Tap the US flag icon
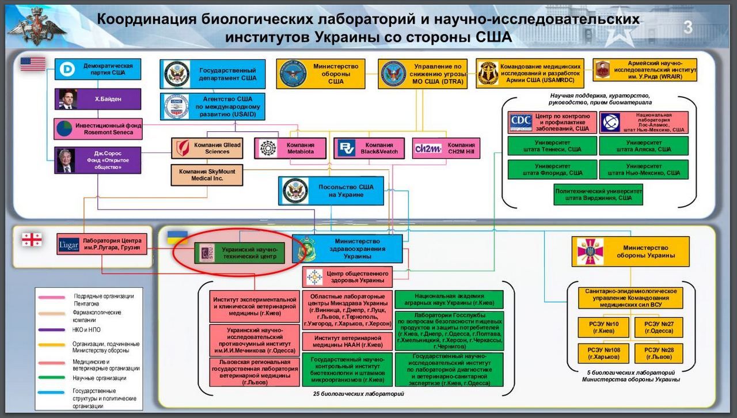33,64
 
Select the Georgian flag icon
32,240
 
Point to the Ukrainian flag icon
177,237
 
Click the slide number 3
688,28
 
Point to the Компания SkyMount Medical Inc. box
207,175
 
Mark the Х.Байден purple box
98,99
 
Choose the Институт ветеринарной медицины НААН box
347,341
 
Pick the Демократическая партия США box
98,69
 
